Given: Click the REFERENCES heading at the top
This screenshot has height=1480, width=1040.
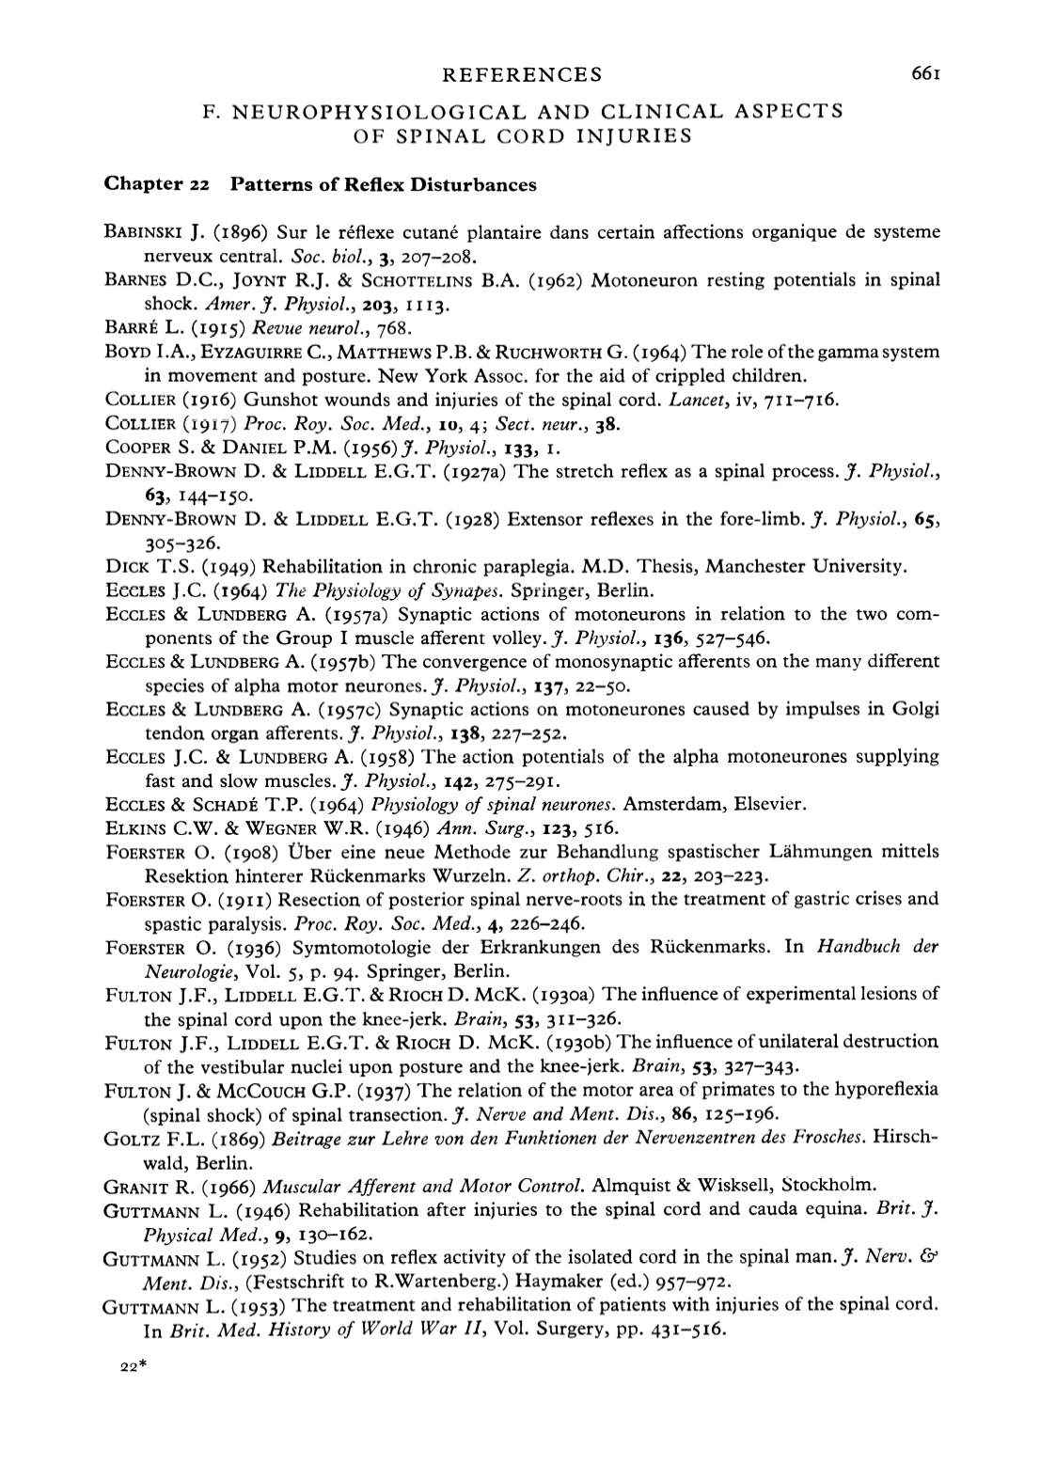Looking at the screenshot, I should [521, 74].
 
